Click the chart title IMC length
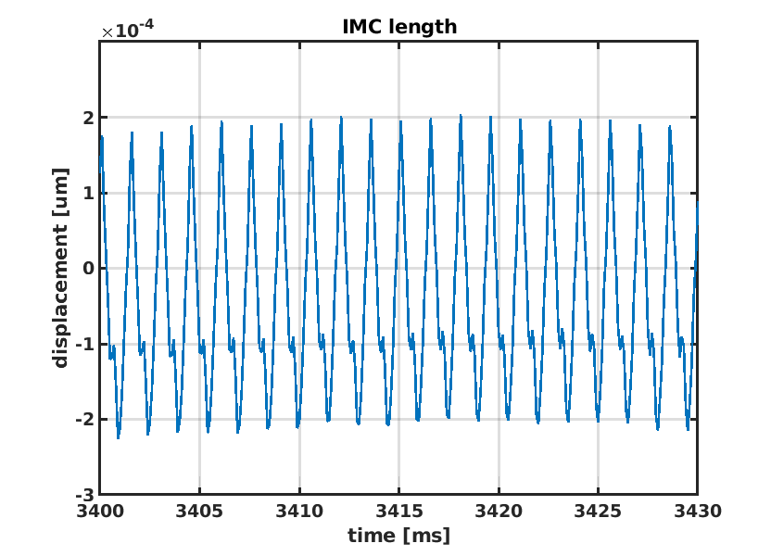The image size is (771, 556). pyautogui.click(x=398, y=27)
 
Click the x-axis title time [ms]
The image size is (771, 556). pyautogui.click(x=398, y=535)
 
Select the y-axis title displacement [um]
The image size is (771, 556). pyautogui.click(x=61, y=268)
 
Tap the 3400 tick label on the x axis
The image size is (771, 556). pyautogui.click(x=100, y=510)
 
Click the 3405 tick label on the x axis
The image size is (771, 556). pyautogui.click(x=199, y=510)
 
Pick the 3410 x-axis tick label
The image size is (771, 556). pyautogui.click(x=299, y=510)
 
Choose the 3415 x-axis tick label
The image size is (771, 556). pyautogui.click(x=398, y=510)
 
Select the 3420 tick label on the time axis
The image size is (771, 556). pyautogui.click(x=499, y=510)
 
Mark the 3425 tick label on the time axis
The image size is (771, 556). pyautogui.click(x=598, y=510)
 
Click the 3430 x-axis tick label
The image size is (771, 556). pyautogui.click(x=697, y=510)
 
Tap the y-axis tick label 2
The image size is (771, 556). pyautogui.click(x=88, y=118)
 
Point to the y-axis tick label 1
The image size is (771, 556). pyautogui.click(x=88, y=193)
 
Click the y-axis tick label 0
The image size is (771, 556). pyautogui.click(x=88, y=269)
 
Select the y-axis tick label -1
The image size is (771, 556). pyautogui.click(x=85, y=344)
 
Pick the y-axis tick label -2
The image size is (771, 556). pyautogui.click(x=85, y=419)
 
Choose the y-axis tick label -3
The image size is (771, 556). pyautogui.click(x=85, y=494)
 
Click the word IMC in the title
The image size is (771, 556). pyautogui.click(x=360, y=27)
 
